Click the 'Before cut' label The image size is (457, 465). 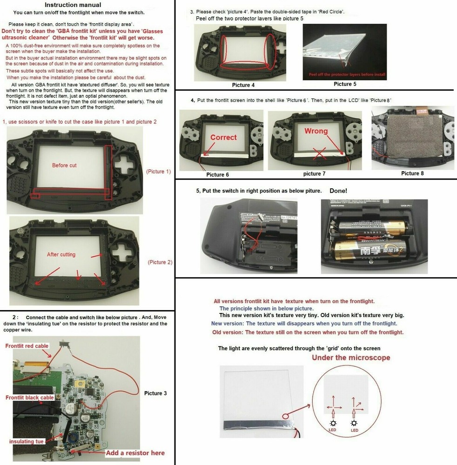(x=64, y=166)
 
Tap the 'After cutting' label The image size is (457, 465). (x=61, y=254)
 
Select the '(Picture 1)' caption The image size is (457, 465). (x=158, y=172)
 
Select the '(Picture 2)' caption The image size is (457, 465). (x=160, y=262)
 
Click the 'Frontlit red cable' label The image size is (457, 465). (x=27, y=346)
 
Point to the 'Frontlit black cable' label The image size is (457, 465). (x=29, y=398)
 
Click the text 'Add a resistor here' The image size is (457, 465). (x=135, y=453)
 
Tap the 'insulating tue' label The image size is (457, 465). (x=27, y=441)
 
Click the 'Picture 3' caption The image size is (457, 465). (x=155, y=393)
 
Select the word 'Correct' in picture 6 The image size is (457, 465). (x=223, y=138)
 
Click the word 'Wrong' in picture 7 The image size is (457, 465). (x=316, y=132)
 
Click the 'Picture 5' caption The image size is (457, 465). (x=345, y=84)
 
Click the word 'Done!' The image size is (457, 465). (x=338, y=191)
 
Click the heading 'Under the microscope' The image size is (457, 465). (x=350, y=358)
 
